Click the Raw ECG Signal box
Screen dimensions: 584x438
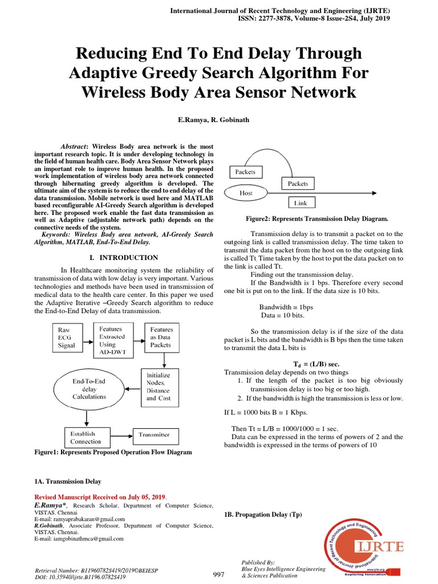66,338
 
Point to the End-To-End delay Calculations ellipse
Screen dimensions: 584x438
89,389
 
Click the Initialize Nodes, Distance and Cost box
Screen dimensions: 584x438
158,387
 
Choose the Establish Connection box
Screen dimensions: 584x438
86,437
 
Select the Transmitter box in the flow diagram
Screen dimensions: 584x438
154,435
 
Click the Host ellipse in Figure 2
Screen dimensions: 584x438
246,193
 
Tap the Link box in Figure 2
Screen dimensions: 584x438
300,202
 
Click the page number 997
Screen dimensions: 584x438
218,574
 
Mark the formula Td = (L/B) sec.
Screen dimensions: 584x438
313,364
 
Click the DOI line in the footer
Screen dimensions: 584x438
80,577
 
